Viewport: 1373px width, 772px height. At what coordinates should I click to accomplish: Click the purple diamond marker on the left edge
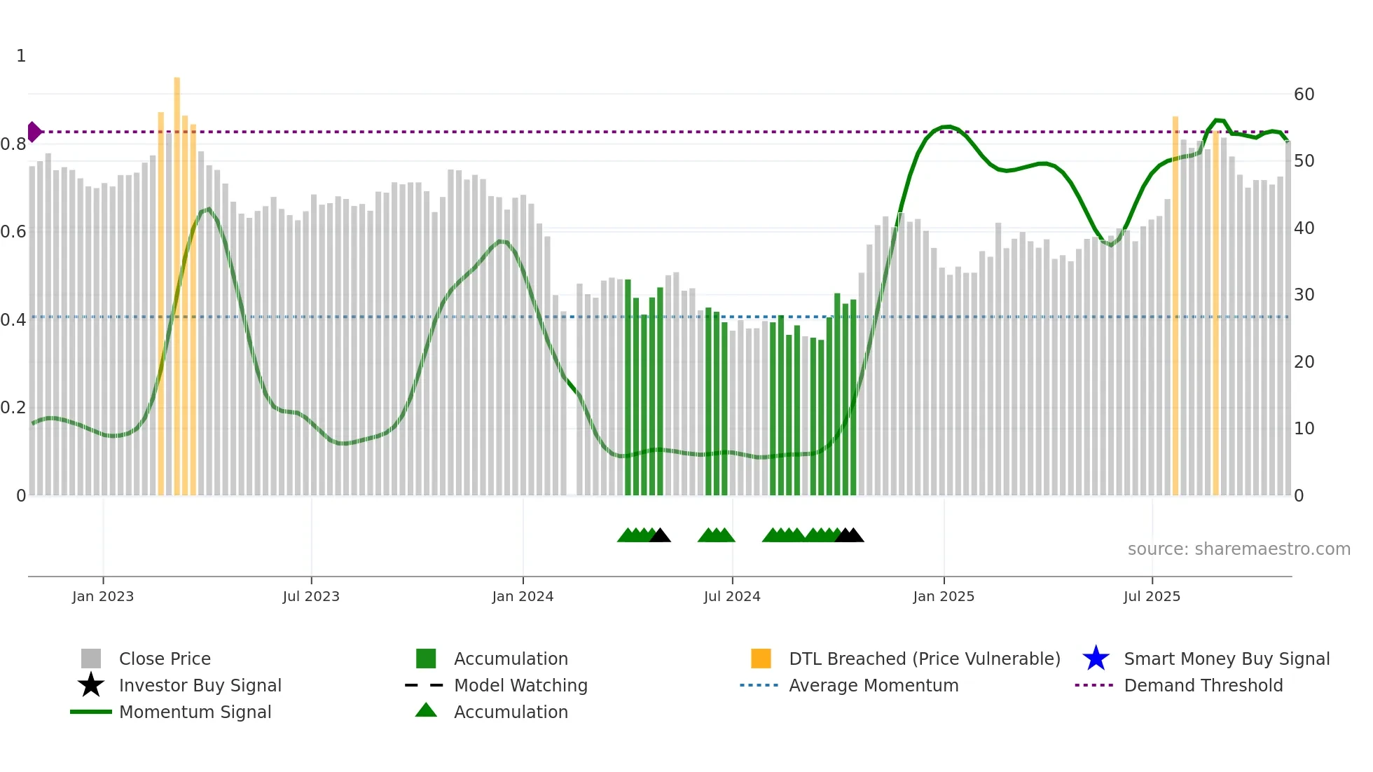(x=34, y=132)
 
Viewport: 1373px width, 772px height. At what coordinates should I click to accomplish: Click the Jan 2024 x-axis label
(x=523, y=596)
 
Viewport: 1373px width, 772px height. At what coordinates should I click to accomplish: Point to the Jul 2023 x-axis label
(x=311, y=596)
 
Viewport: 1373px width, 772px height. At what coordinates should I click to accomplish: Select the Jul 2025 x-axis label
(x=1152, y=596)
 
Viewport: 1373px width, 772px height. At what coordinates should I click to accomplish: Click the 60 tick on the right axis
(x=1304, y=95)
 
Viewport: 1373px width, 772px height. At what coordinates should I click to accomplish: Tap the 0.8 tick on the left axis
(x=14, y=144)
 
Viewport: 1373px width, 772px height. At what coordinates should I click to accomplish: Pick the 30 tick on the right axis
(x=1304, y=295)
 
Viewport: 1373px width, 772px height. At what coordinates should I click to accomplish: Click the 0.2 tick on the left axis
(x=14, y=408)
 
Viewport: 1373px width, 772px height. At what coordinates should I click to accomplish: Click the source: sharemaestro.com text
(x=1239, y=549)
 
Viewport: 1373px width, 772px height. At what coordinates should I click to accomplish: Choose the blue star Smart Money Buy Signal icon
(x=1096, y=659)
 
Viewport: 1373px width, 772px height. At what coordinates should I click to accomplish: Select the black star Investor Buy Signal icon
(x=91, y=685)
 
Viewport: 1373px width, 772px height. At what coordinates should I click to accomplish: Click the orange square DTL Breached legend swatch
(x=761, y=659)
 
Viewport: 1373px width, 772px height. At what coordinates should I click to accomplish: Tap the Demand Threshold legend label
(x=1203, y=685)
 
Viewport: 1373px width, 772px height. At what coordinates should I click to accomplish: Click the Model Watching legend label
(x=520, y=685)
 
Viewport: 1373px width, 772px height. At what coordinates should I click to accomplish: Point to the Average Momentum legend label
(x=874, y=685)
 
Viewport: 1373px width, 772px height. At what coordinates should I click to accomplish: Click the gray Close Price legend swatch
(x=91, y=659)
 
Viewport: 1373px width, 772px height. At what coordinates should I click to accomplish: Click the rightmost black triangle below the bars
(x=855, y=536)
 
